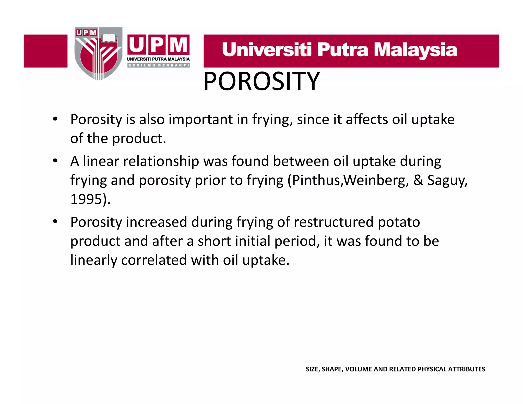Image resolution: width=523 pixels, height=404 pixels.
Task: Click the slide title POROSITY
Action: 261,81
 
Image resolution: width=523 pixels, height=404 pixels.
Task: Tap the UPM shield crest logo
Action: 98,54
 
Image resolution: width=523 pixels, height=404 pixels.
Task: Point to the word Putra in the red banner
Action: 343,50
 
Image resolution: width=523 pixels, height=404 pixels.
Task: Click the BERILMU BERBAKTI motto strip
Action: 158,65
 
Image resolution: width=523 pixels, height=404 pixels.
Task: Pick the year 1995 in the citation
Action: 86,199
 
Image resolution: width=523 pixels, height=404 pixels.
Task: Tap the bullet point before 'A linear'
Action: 55,161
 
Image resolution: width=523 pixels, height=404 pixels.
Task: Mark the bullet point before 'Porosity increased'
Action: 55,222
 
